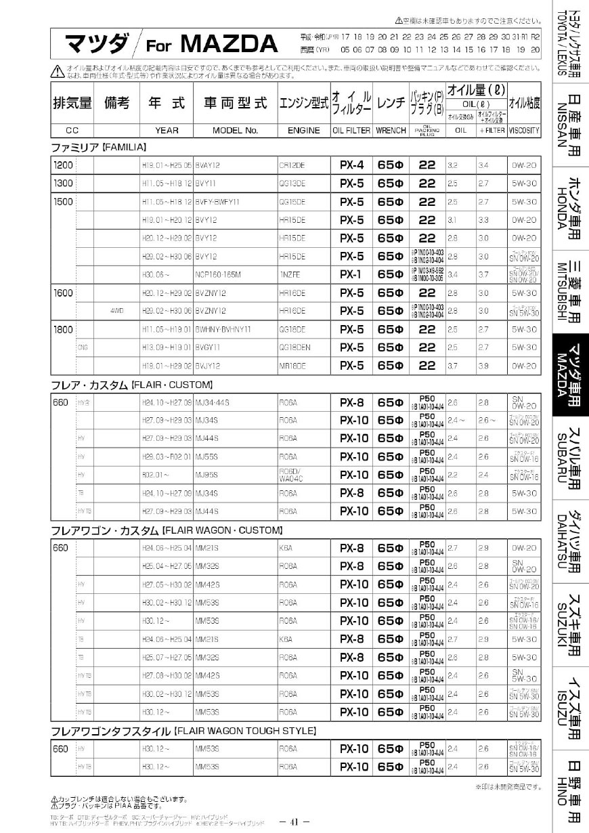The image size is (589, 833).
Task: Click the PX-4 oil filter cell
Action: (352, 165)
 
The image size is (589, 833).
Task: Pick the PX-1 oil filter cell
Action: (352, 274)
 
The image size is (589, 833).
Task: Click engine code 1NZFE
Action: (290, 274)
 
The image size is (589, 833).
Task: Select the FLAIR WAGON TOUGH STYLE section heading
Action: (184, 731)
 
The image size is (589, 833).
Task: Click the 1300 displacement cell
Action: (64, 183)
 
